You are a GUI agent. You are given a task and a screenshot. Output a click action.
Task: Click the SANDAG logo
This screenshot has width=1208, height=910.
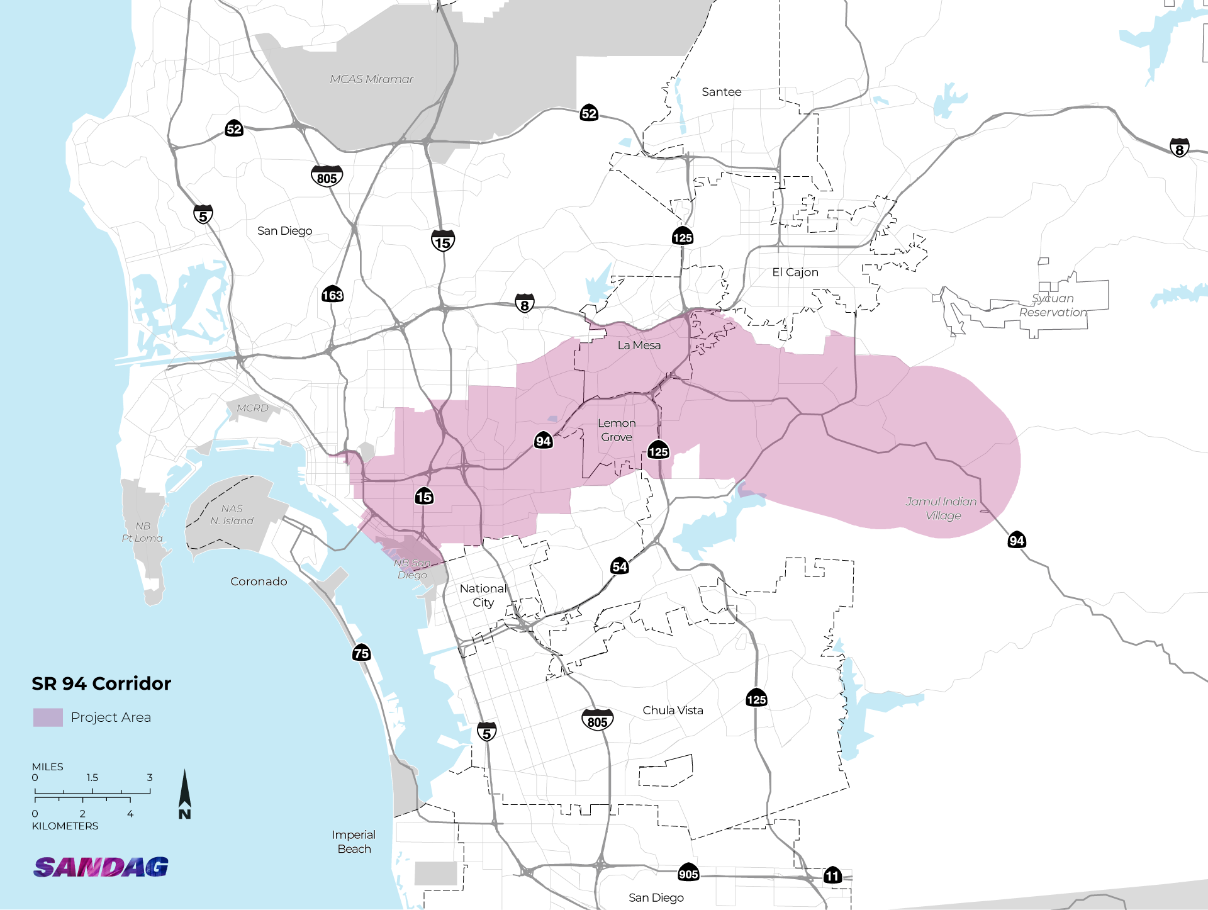[x=101, y=867]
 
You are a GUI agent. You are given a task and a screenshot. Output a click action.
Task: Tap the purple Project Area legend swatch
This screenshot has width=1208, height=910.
[x=48, y=717]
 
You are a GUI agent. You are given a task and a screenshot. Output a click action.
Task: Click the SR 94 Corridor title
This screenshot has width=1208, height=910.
[x=101, y=683]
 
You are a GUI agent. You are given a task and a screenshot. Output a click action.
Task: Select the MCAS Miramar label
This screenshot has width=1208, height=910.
[x=371, y=79]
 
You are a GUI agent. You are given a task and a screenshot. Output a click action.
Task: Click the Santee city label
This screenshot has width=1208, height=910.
[x=721, y=92]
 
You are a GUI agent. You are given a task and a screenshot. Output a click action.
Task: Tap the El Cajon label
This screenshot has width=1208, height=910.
[x=795, y=272]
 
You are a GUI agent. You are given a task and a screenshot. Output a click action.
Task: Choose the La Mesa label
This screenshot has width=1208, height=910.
[x=639, y=345]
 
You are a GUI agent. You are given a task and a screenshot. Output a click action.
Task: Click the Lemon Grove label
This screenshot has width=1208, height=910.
[x=617, y=430]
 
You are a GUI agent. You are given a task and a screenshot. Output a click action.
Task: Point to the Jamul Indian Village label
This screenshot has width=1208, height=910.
[x=942, y=508]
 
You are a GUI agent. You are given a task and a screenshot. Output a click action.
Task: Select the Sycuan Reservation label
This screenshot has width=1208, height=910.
[x=1053, y=305]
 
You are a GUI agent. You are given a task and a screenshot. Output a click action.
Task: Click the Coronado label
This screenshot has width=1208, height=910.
[x=259, y=581]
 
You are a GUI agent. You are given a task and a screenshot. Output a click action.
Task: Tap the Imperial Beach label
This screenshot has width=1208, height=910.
[x=354, y=842]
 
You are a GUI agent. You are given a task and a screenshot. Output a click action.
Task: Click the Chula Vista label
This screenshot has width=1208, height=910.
[x=673, y=711]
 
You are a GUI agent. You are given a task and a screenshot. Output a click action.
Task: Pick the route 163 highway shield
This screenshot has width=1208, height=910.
[x=332, y=295]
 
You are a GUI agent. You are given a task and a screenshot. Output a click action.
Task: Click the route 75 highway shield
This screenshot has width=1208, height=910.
[x=361, y=653]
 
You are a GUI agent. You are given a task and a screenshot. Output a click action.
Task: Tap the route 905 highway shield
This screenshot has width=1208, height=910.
[x=688, y=873]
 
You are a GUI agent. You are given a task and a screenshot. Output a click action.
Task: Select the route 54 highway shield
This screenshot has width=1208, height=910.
[x=619, y=566]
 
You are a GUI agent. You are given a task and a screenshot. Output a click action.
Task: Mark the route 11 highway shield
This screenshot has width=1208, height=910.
[x=832, y=875]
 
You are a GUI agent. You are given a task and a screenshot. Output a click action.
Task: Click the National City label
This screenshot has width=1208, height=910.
[x=483, y=595]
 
